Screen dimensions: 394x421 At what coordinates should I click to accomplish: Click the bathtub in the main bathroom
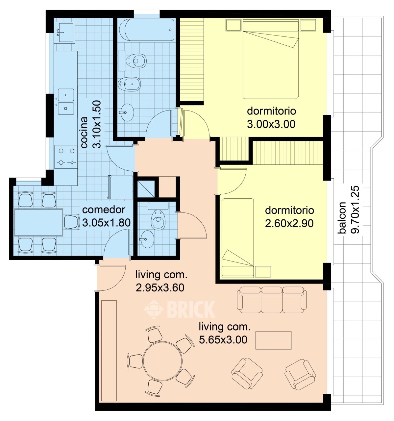pyautogui.click(x=147, y=30)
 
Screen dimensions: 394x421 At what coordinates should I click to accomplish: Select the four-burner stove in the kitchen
pyautogui.click(x=66, y=157)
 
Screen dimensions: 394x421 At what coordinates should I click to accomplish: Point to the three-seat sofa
pyautogui.click(x=272, y=300)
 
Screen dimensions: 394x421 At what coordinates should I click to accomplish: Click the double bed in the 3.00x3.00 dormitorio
pyautogui.click(x=271, y=59)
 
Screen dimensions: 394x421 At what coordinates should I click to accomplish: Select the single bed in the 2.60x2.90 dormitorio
pyautogui.click(x=237, y=238)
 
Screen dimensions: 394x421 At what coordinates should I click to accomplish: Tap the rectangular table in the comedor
pyautogui.click(x=38, y=222)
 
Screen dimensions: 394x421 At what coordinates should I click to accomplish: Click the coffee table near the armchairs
pyautogui.click(x=273, y=340)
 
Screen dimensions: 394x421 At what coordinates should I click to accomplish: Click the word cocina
pyautogui.click(x=84, y=132)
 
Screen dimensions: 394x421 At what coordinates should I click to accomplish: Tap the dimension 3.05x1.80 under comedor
pyautogui.click(x=106, y=223)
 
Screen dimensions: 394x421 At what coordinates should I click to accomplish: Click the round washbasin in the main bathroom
pyautogui.click(x=127, y=112)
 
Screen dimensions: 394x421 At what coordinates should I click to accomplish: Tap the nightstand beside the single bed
pyautogui.click(x=263, y=272)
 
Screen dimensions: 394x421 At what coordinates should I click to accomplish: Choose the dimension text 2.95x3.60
pyautogui.click(x=160, y=288)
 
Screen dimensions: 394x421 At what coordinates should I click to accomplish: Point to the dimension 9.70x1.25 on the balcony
pyautogui.click(x=355, y=210)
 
